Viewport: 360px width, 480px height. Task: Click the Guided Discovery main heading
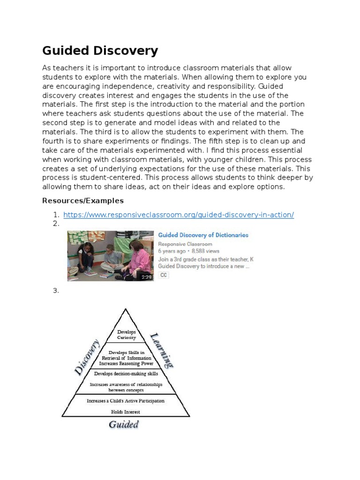(100, 51)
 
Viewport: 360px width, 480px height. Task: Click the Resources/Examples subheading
(82, 201)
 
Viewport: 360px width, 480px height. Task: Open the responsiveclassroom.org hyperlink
(178, 215)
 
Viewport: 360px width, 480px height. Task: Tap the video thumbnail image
(110, 255)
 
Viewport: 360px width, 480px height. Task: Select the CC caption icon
(164, 275)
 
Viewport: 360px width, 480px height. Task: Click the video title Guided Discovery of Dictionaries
(203, 235)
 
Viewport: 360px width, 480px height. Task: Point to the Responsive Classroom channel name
(185, 244)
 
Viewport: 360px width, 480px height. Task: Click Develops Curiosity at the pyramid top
(126, 335)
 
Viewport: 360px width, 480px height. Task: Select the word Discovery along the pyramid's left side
(87, 357)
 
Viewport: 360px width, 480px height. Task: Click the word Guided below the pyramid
(124, 425)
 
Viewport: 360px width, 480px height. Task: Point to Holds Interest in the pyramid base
(125, 412)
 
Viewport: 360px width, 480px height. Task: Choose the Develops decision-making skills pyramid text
(126, 374)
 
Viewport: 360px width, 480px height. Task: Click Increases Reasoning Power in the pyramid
(126, 363)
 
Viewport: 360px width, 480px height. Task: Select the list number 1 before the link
(55, 215)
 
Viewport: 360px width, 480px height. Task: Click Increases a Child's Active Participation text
(126, 401)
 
